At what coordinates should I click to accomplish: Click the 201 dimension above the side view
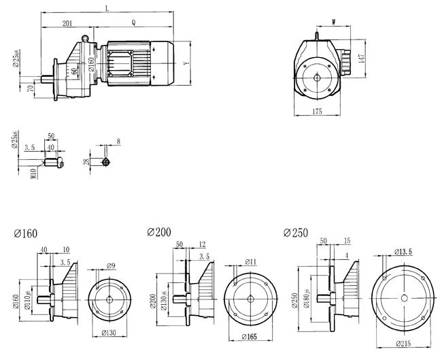pos(67,23)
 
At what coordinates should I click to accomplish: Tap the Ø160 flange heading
pos(26,233)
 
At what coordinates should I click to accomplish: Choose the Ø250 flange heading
pos(296,232)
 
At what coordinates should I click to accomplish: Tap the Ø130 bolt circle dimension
pos(109,333)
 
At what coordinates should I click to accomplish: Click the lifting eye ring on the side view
pos(86,39)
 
